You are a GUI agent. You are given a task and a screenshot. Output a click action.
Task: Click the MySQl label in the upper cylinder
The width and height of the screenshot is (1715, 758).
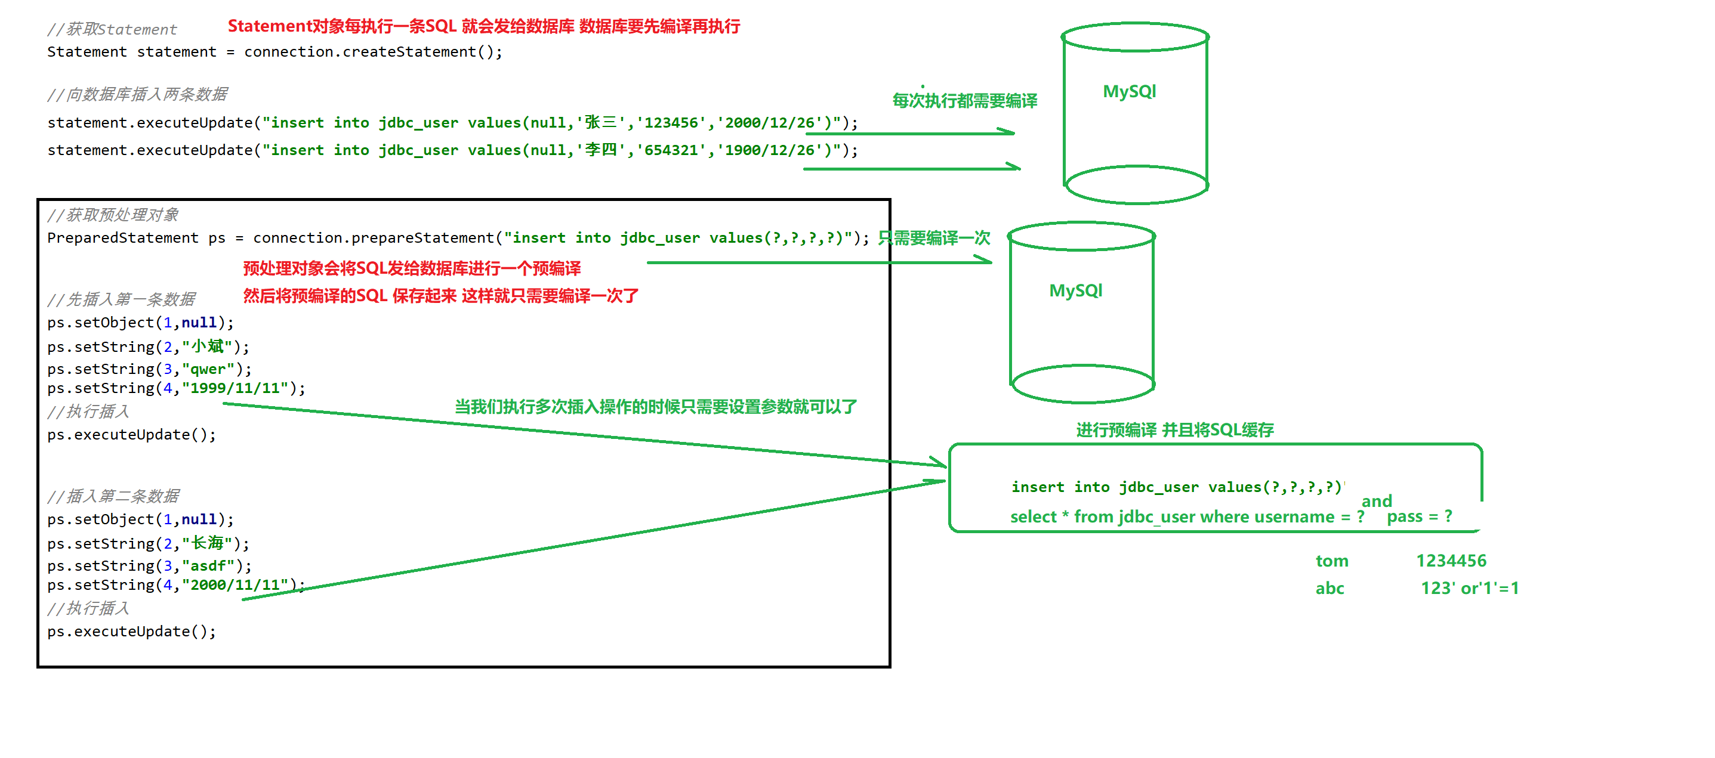tap(1129, 91)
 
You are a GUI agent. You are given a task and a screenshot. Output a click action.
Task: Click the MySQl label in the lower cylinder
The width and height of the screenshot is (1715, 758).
tap(1075, 291)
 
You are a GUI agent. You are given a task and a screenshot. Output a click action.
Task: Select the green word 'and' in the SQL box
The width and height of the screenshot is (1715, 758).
tap(1376, 500)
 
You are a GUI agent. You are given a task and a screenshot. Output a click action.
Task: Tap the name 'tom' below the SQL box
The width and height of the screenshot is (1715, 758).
tap(1331, 561)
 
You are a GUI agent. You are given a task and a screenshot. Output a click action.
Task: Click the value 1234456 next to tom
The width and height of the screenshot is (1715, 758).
tap(1451, 561)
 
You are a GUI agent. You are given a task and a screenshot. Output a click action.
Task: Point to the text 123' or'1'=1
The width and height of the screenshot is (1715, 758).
tap(1469, 588)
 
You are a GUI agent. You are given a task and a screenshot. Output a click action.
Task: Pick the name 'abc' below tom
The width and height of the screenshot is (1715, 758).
tap(1330, 588)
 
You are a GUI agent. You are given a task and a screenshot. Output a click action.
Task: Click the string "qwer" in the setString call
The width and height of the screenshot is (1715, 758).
tap(208, 369)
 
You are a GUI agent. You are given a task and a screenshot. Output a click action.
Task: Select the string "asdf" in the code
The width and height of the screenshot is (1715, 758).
tap(208, 566)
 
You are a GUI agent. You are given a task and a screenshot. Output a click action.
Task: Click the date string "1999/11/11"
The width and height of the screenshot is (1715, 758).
tap(235, 389)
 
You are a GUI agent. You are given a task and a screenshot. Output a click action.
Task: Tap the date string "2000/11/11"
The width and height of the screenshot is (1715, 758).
tap(235, 585)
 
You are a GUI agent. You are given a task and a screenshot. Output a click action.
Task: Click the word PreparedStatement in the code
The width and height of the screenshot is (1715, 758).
tap(122, 238)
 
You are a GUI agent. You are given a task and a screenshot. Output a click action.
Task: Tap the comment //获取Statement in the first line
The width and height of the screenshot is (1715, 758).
tap(112, 29)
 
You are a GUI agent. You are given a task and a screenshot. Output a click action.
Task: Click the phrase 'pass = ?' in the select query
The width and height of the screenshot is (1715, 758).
tap(1419, 517)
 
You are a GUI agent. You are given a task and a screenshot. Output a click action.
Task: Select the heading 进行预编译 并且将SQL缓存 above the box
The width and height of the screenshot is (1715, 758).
tap(1174, 430)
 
